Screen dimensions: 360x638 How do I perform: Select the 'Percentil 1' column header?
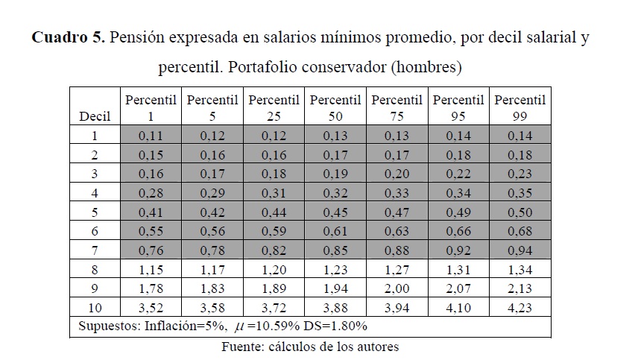pos(151,107)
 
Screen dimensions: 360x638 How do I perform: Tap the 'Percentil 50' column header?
pos(335,107)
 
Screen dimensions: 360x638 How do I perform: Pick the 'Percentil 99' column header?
pos(520,107)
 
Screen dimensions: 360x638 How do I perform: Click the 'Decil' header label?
pos(94,116)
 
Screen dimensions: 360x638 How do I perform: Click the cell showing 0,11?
pos(151,136)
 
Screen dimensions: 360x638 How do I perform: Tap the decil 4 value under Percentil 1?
pos(151,193)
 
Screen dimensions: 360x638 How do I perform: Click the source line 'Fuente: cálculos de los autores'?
pos(310,347)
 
